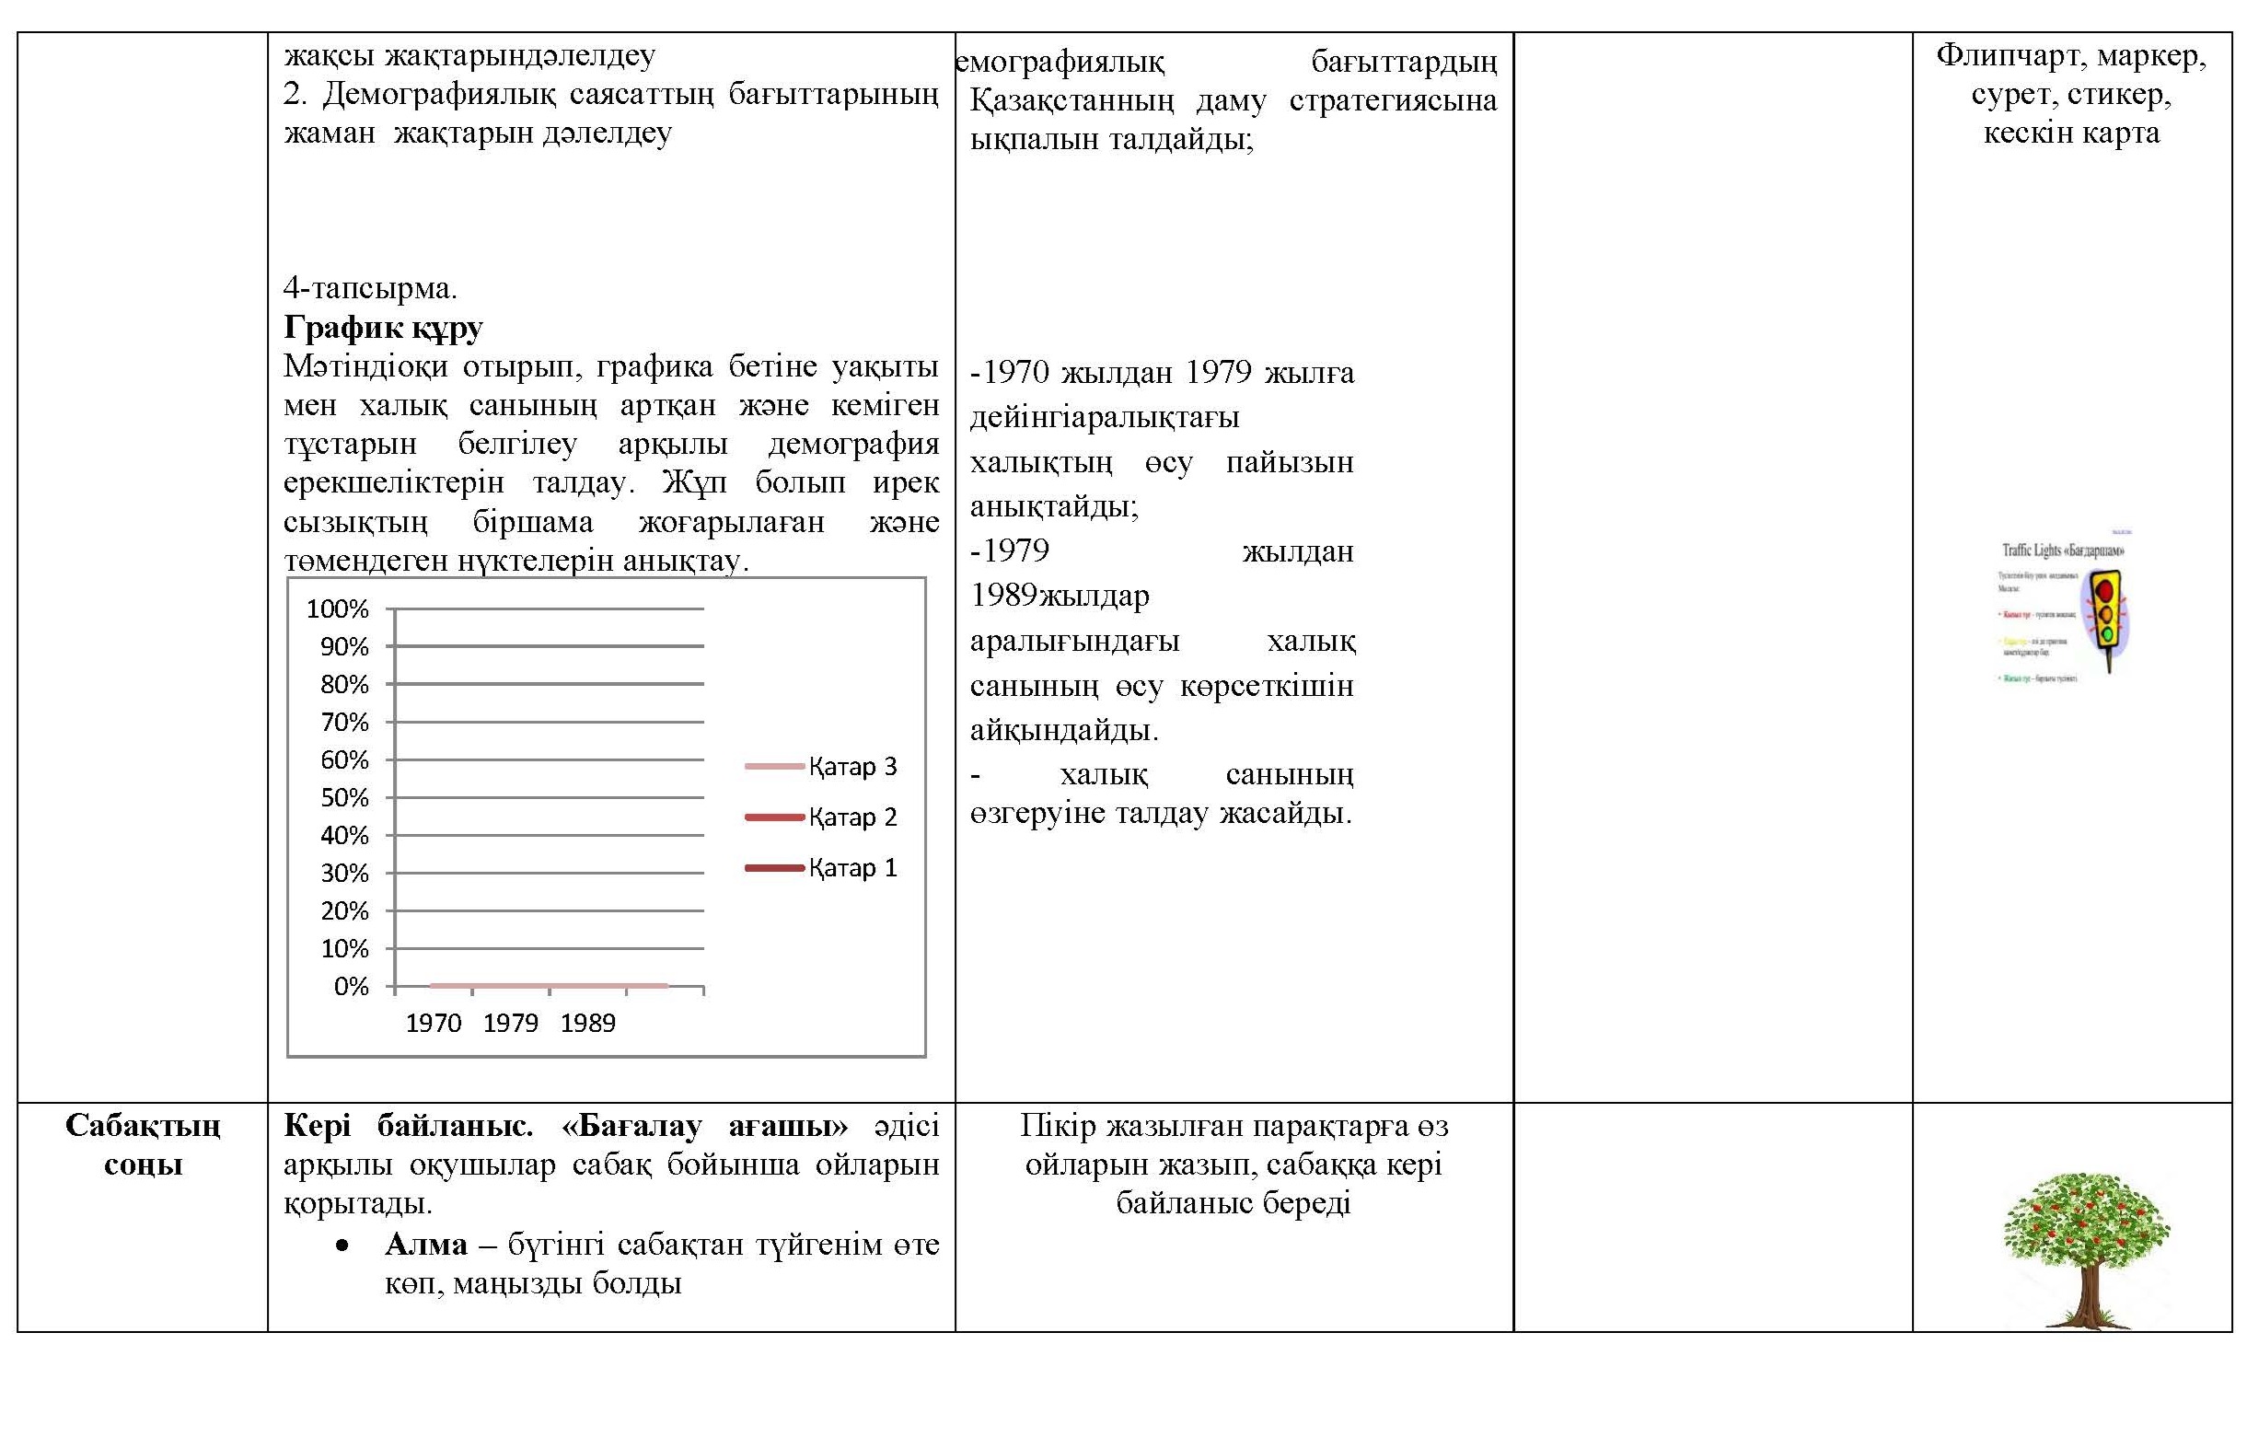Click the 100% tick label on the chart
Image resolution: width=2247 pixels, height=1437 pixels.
pos(337,609)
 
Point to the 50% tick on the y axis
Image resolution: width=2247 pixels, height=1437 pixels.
pos(344,798)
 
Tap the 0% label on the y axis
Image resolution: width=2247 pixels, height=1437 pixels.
pos(351,986)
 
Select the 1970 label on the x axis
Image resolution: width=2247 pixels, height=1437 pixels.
pos(433,1024)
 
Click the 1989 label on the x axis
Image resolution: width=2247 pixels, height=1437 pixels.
pos(588,1024)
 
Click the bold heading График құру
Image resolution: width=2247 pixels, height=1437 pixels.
pos(383,328)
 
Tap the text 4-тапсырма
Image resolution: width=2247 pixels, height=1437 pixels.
pos(370,288)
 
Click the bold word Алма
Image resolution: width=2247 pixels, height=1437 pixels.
pos(425,1245)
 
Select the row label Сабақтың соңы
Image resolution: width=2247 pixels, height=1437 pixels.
pos(143,1145)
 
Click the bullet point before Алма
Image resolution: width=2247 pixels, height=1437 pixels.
pos(342,1246)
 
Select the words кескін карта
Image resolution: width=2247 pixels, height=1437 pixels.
pos(2071,133)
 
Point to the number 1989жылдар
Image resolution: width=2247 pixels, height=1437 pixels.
pos(1060,596)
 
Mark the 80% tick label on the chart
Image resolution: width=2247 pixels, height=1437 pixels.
pos(344,685)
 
